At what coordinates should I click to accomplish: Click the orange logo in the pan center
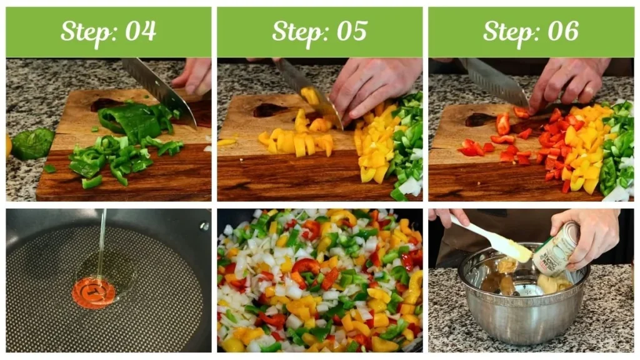coord(93,292)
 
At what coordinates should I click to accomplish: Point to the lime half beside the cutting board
coord(32,144)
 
